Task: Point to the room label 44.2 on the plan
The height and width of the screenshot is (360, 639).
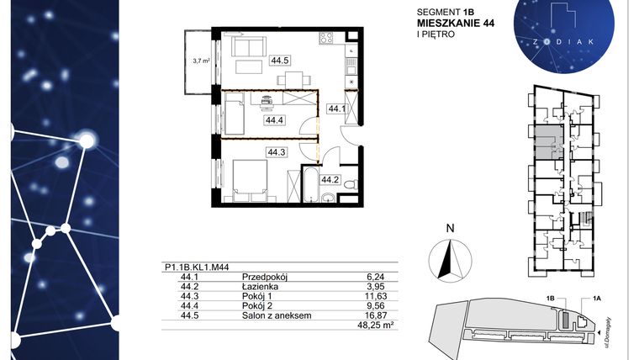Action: pyautogui.click(x=330, y=178)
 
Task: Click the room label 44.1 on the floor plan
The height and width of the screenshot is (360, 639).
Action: pyautogui.click(x=337, y=109)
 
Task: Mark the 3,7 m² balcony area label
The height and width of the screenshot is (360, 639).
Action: pyautogui.click(x=200, y=61)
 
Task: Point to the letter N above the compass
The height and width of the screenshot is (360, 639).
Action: pyautogui.click(x=450, y=227)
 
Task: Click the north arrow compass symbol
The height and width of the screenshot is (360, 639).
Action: pyautogui.click(x=450, y=256)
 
